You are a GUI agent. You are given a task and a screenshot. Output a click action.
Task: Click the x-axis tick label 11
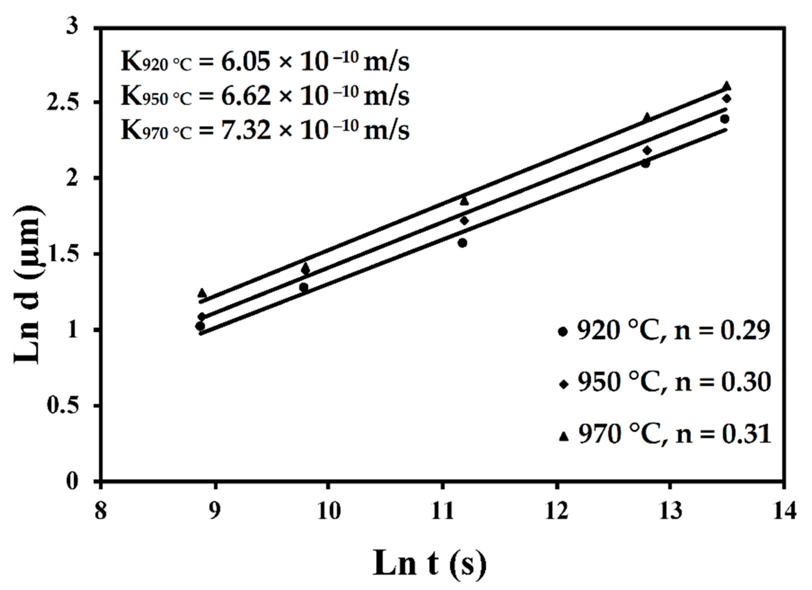(x=443, y=511)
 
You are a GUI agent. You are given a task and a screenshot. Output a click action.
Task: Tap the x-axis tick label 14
(x=784, y=511)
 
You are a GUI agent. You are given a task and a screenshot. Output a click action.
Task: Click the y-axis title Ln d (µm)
(x=30, y=285)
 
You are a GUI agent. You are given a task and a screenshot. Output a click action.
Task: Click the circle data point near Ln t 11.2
(x=462, y=243)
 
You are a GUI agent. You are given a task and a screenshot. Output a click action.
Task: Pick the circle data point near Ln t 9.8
(x=304, y=287)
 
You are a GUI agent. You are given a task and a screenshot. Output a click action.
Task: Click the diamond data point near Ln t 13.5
(x=726, y=99)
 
